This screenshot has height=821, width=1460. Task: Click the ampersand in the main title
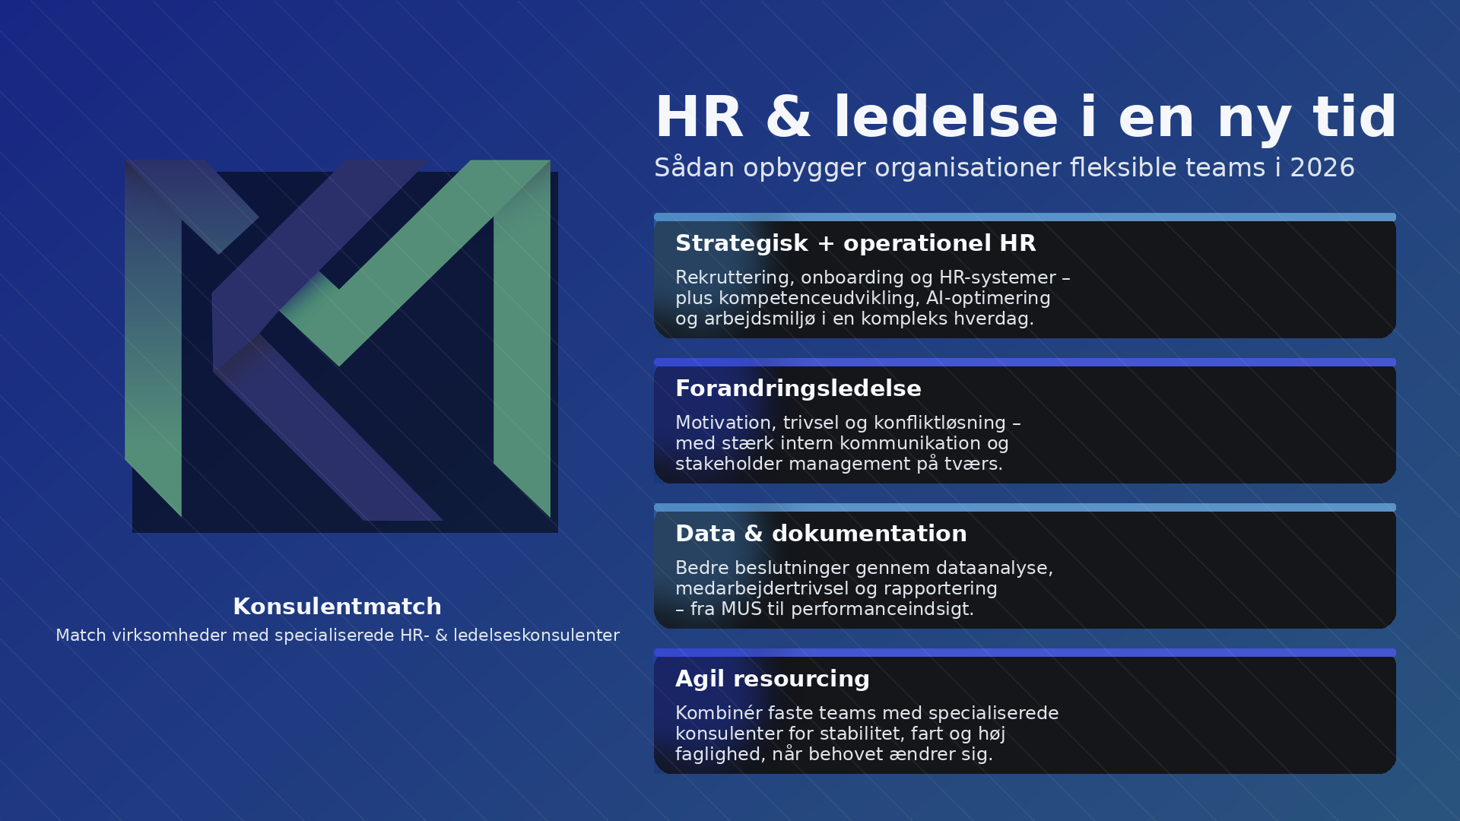[789, 118]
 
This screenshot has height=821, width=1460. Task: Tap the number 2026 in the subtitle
[1322, 168]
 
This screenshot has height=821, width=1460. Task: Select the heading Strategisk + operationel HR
[855, 243]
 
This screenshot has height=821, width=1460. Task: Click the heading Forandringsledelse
[798, 388]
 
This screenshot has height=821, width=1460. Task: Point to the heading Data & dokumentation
[821, 534]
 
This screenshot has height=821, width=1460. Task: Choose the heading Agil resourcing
[773, 680]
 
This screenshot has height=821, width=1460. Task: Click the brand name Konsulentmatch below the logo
[337, 607]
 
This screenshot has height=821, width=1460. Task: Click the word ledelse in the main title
[946, 118]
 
